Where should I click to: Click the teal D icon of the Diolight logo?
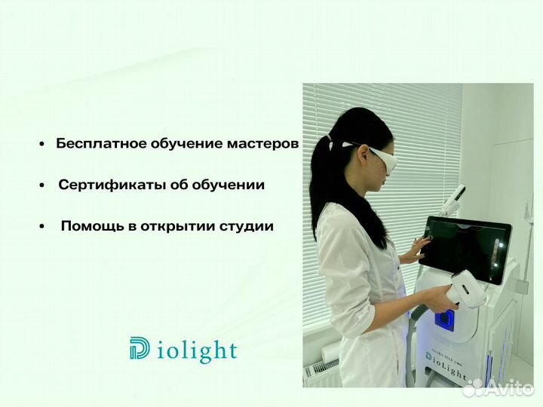(140, 349)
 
